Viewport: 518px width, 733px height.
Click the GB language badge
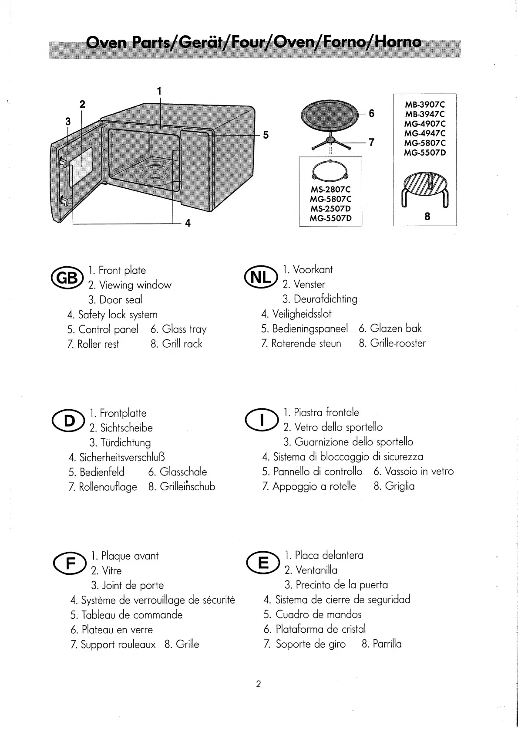tap(67, 278)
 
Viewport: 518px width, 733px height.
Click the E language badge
tap(263, 563)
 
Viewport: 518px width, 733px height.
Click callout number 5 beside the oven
tap(266, 135)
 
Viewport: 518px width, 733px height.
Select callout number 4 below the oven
tap(188, 223)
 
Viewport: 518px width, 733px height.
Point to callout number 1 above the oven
tap(159, 91)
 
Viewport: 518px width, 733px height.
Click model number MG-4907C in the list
tap(425, 124)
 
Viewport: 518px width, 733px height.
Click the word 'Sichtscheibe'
tap(126, 428)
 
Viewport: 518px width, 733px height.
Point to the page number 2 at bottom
tap(258, 684)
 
